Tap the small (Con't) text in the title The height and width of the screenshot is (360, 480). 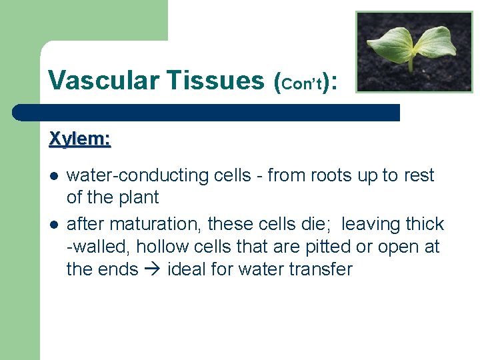click(303, 83)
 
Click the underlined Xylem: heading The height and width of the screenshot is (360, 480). click(80, 139)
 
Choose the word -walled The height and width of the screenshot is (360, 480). click(99, 247)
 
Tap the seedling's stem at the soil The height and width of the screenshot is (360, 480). click(412, 67)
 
